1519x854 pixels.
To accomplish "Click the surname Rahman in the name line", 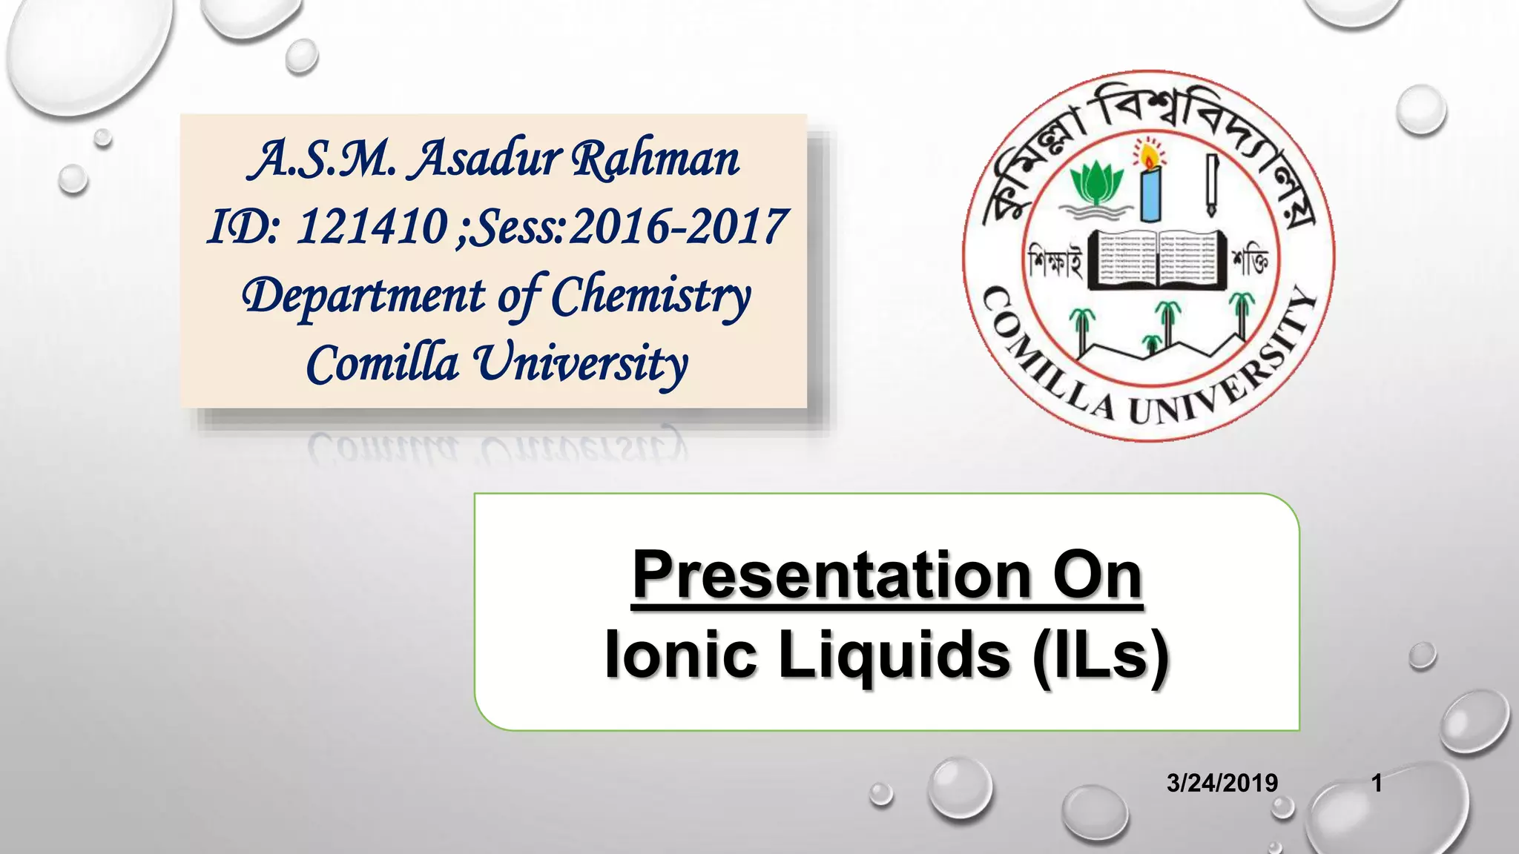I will tap(656, 159).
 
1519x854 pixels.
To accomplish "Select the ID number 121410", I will tap(372, 226).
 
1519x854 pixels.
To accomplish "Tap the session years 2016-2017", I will tap(676, 226).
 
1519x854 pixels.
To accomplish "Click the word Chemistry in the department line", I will tap(650, 296).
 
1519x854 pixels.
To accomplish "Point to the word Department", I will tap(363, 296).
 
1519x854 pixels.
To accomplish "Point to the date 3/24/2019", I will tap(1222, 783).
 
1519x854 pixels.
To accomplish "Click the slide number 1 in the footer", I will tap(1377, 783).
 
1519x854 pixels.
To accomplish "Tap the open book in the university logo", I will tap(1157, 259).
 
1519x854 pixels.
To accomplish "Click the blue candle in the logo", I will tap(1150, 193).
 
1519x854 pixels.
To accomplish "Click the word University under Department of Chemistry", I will tap(581, 364).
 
